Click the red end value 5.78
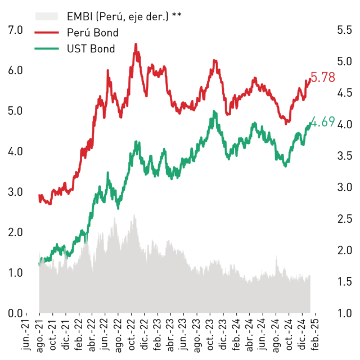[x=323, y=77]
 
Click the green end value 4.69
[x=323, y=121]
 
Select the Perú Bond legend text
[x=92, y=33]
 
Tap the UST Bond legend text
[x=91, y=49]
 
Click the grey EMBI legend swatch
[x=47, y=16]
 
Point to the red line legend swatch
[x=47, y=33]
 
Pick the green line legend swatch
[x=47, y=49]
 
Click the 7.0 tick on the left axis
[x=15, y=30]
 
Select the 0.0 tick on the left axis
[x=15, y=313]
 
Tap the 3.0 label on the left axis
[x=15, y=192]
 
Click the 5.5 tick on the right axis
[x=344, y=30]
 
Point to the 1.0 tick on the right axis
[x=344, y=313]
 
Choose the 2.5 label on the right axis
[x=344, y=219]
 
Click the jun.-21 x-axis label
[x=25, y=335]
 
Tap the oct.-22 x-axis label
[x=131, y=335]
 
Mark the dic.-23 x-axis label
[x=223, y=335]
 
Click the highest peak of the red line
[x=136, y=44]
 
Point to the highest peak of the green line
[x=214, y=111]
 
